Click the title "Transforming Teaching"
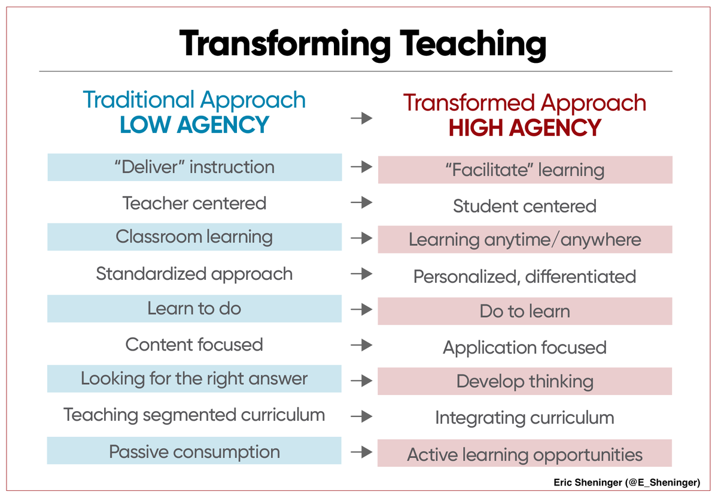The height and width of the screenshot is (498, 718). pos(362,44)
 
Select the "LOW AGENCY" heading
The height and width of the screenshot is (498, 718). pos(194,125)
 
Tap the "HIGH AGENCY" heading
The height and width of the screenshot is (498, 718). pos(525,128)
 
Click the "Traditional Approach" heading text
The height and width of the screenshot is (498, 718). pos(194,99)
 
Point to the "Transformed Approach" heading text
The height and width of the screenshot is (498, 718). pos(525,102)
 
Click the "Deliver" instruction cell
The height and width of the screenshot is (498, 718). pos(194,167)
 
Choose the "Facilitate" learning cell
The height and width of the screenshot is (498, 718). pos(525,170)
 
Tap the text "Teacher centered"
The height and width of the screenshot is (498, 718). pos(194,203)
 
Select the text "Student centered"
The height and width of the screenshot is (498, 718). pos(525,206)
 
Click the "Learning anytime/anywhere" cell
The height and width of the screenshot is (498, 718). pos(525,240)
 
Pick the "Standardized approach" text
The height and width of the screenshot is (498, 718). pos(194,274)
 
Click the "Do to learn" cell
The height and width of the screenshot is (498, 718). pos(525,312)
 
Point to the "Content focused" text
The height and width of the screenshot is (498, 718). pos(194,345)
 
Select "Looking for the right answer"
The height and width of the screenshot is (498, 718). pos(194,379)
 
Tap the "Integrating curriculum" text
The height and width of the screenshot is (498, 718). pos(525,418)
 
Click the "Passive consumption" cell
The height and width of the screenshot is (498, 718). pos(194,451)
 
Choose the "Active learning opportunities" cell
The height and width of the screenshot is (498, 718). pos(525,454)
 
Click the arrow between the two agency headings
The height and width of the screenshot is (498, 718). pos(361,118)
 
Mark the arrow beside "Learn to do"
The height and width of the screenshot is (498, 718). pos(361,310)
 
